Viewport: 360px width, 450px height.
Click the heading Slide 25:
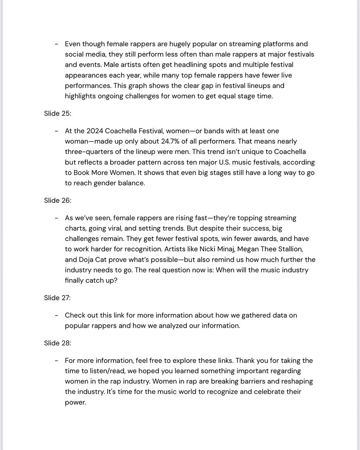tap(57, 114)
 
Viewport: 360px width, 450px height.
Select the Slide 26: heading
tap(57, 201)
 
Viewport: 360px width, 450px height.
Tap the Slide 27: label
tap(57, 298)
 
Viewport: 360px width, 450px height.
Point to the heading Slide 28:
tap(57, 343)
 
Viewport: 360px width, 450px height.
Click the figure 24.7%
tap(172, 141)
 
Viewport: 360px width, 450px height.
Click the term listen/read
tap(108, 371)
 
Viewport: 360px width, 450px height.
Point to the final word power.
tap(75, 402)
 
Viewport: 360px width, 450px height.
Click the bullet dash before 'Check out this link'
tap(57, 316)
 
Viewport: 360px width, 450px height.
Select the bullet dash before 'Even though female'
tap(57, 44)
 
